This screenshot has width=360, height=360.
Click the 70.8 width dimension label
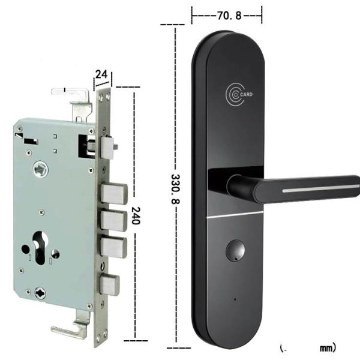click(x=229, y=16)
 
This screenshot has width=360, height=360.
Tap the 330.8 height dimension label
click(x=176, y=189)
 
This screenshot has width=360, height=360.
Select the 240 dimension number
click(x=136, y=215)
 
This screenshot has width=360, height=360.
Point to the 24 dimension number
click(x=101, y=74)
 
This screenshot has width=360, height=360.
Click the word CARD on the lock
click(x=247, y=94)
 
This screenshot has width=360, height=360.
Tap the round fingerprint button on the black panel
click(x=235, y=250)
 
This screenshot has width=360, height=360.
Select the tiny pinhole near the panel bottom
click(x=235, y=299)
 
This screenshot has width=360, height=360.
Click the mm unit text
click(x=326, y=348)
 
